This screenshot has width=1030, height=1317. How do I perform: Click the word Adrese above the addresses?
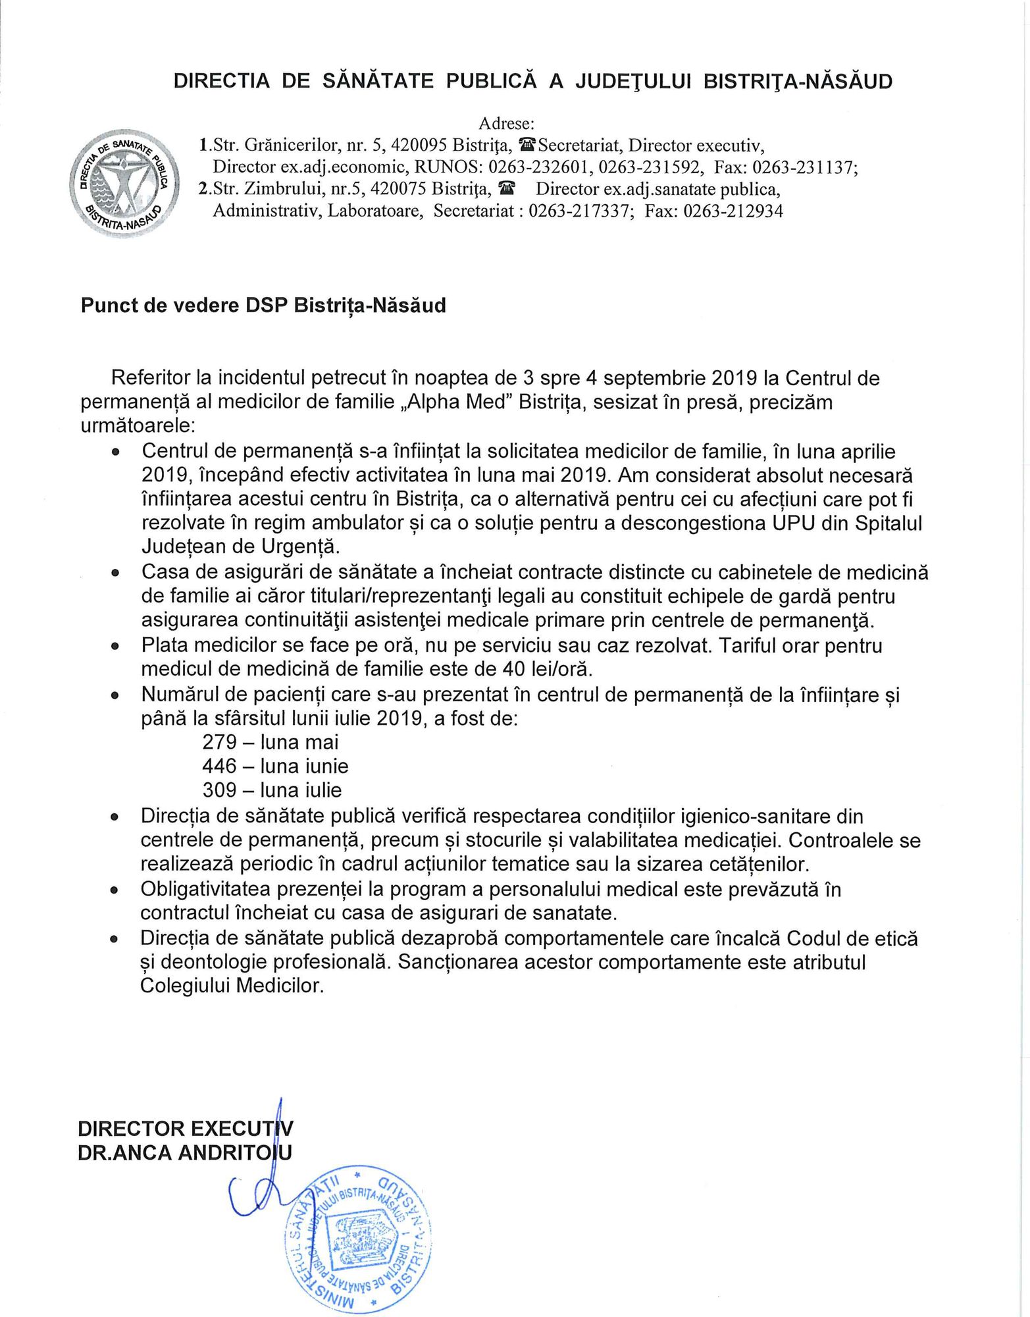tap(506, 123)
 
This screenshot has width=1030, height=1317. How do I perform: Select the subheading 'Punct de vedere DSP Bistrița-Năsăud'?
tap(263, 306)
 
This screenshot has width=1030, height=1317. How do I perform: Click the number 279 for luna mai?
tap(220, 742)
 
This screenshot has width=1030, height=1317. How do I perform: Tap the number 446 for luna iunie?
tap(220, 766)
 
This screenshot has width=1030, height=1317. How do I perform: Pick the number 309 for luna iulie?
tap(220, 790)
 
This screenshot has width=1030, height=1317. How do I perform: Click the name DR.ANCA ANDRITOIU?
tap(185, 1152)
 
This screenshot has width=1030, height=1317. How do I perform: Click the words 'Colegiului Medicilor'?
tap(232, 986)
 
